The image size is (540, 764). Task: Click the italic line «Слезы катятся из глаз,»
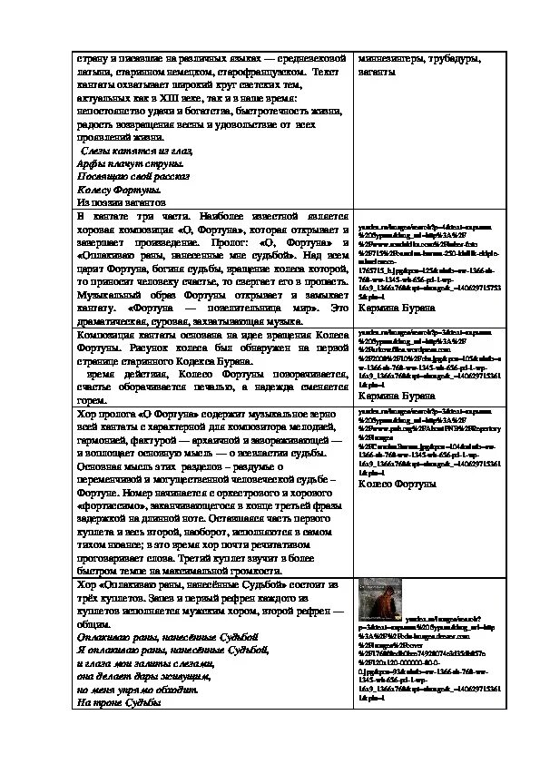click(137, 151)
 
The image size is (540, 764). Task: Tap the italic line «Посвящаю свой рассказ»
click(133, 176)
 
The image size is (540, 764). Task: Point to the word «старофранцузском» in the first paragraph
click(258, 71)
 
